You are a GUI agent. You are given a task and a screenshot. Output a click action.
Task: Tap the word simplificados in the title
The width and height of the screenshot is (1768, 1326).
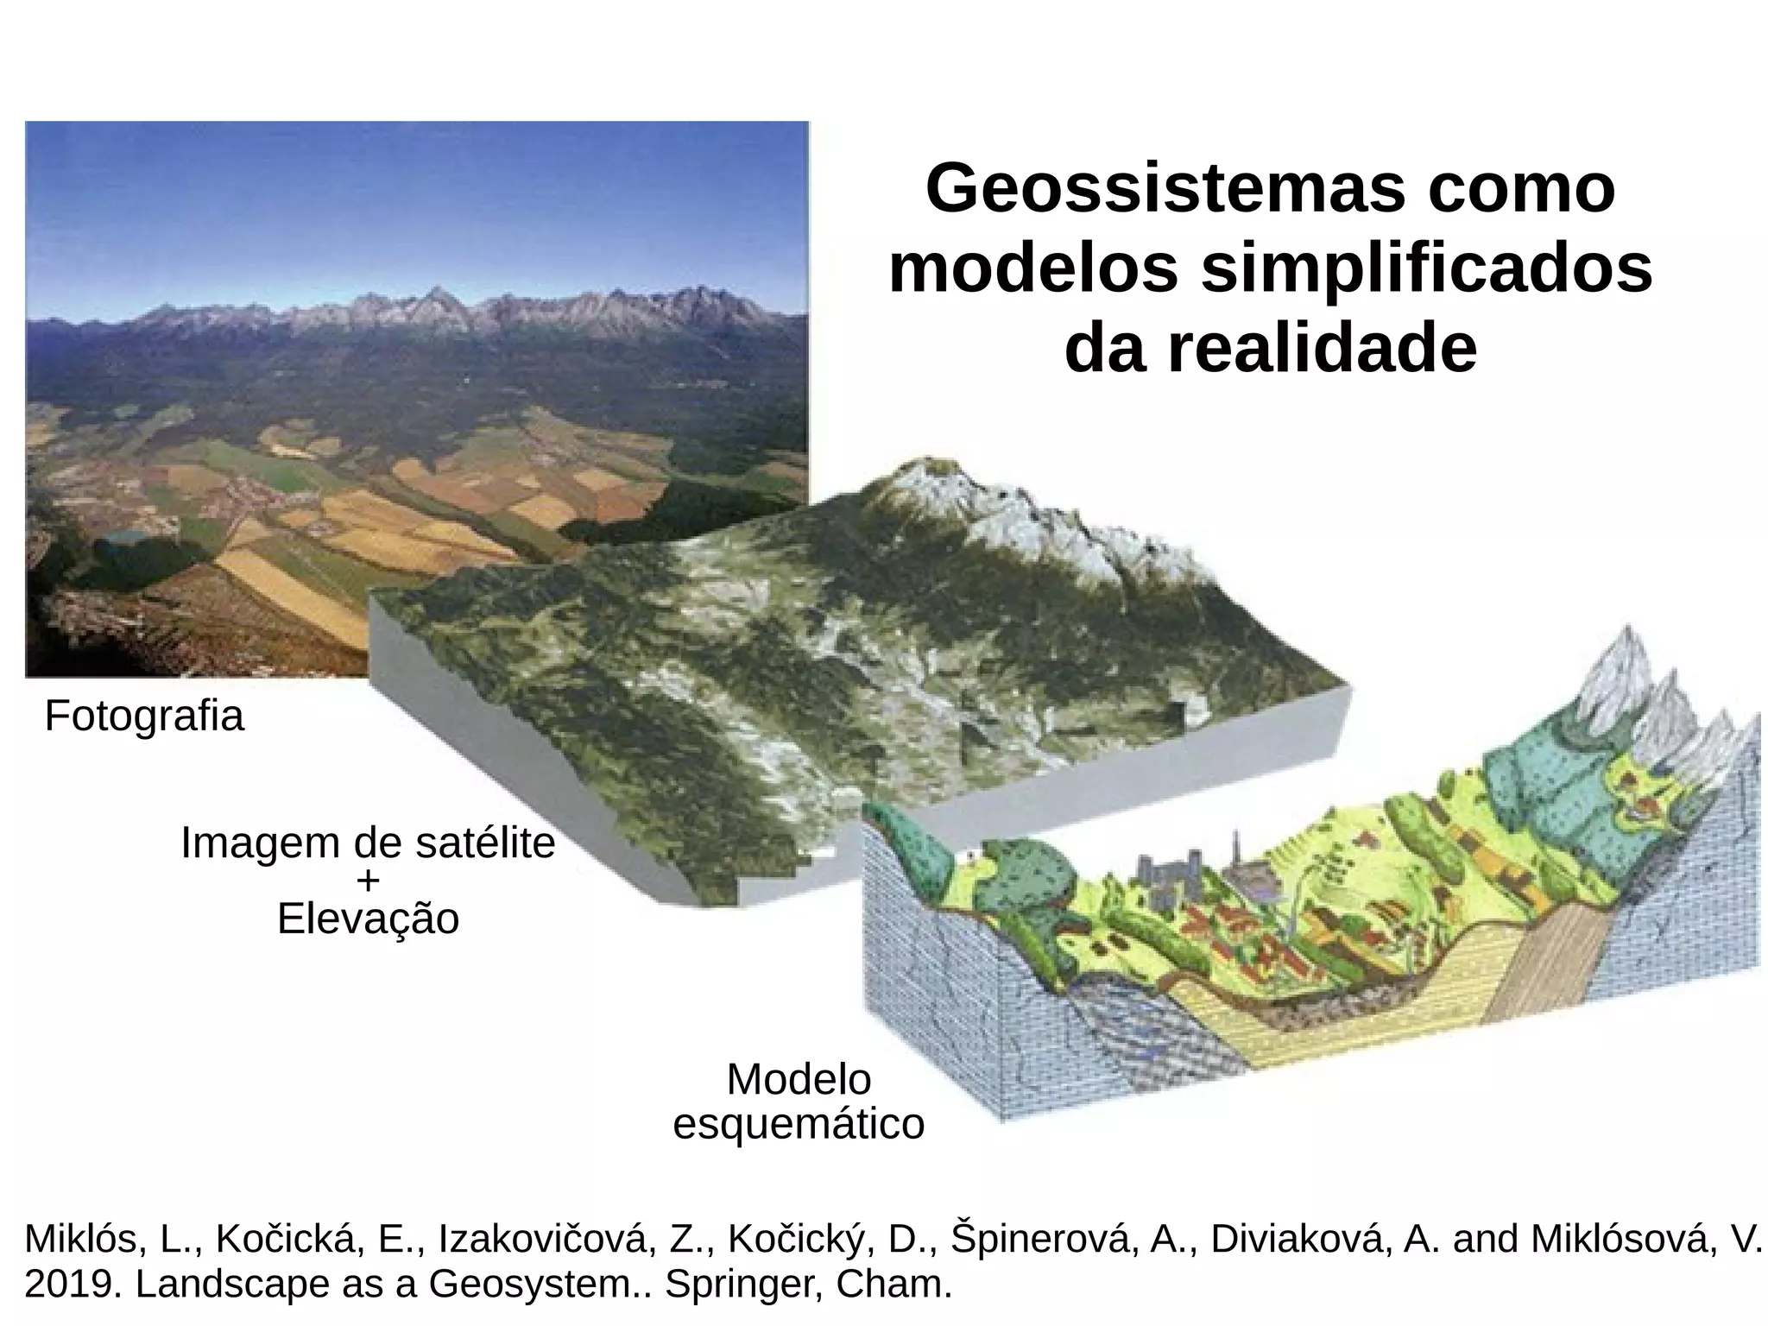(x=1426, y=270)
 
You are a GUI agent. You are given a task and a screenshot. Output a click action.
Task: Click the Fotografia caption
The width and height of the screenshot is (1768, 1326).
(x=144, y=717)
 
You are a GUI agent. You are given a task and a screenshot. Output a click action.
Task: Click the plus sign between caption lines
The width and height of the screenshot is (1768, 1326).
(x=368, y=881)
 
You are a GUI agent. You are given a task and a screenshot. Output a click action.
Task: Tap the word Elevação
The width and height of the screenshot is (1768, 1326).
(x=368, y=919)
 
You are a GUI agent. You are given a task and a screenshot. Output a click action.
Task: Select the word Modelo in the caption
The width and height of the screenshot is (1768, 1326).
(x=799, y=1080)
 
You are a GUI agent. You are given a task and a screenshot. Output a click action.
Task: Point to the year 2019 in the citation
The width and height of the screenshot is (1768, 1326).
(x=73, y=1285)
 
